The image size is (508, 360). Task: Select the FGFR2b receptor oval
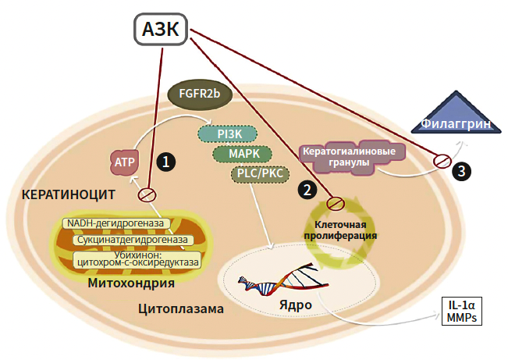(x=199, y=94)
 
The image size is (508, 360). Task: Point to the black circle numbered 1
(x=165, y=161)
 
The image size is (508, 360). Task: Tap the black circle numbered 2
(x=307, y=189)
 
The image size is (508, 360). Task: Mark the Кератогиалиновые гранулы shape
(x=343, y=155)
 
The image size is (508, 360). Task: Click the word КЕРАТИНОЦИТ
(x=69, y=194)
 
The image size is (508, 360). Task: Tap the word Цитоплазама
(x=180, y=309)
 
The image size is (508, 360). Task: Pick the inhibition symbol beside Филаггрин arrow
(x=442, y=160)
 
